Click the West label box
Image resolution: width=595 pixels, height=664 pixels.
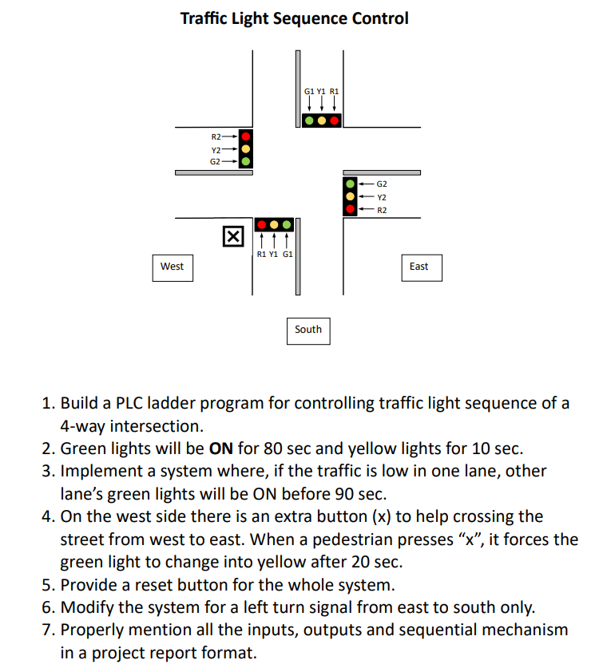[x=172, y=267]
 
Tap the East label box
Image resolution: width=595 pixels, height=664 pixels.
[x=419, y=267]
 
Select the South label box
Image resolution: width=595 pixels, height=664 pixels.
[x=308, y=329]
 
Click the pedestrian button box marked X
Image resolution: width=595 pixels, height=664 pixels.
[x=232, y=236]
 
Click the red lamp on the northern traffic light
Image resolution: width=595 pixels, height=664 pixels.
[x=335, y=121]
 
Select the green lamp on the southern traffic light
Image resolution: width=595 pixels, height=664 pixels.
[x=287, y=225]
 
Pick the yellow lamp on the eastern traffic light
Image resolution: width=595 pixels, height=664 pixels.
[x=351, y=196]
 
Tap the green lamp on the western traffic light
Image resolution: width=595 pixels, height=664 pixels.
[x=246, y=161]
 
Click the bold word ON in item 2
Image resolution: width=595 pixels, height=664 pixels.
[x=220, y=449]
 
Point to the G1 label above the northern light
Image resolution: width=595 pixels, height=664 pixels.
[x=309, y=92]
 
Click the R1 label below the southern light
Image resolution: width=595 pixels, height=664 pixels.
[x=261, y=254]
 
